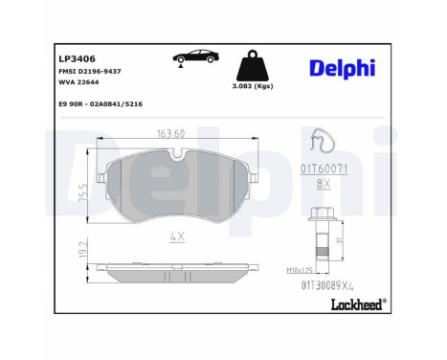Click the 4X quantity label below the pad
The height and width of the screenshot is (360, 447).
(x=176, y=236)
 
